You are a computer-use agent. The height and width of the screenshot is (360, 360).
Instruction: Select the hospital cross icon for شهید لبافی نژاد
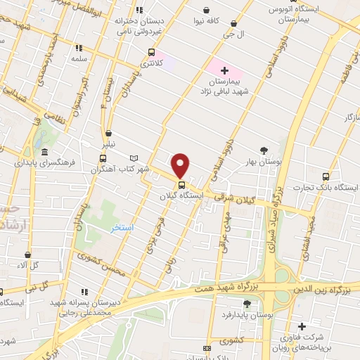click(x=225, y=70)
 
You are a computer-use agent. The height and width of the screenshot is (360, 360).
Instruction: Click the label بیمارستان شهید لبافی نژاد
click(x=226, y=86)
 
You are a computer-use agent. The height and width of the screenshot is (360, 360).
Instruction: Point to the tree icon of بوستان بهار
click(x=264, y=150)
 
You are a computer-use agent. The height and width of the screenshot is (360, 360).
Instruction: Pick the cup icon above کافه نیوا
click(x=206, y=10)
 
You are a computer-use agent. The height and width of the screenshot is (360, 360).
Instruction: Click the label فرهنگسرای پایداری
click(x=44, y=162)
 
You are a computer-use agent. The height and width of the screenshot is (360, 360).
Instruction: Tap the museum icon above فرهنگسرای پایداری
click(x=44, y=153)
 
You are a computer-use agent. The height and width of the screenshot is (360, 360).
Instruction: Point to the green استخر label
click(x=121, y=229)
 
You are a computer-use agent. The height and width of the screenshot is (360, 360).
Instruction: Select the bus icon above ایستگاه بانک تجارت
click(x=325, y=176)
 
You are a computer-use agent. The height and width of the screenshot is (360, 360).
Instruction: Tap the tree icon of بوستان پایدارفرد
click(x=247, y=303)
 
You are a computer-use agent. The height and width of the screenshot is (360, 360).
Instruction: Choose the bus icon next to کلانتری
click(x=151, y=53)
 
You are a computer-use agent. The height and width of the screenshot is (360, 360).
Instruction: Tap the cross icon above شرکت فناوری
click(x=302, y=326)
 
